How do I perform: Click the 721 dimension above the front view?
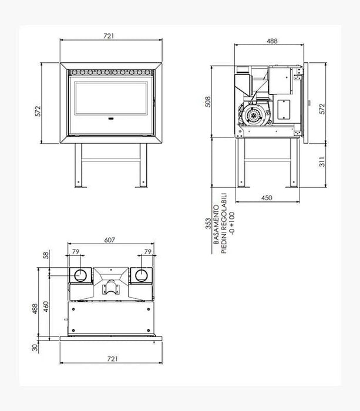tap(109, 36)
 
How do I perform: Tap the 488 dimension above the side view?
tap(271, 41)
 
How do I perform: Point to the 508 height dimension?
tap(206, 102)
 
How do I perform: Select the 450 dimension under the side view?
tap(266, 198)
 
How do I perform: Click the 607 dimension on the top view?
tap(109, 240)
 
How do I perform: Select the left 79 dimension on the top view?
tap(75, 252)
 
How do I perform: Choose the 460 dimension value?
tap(44, 306)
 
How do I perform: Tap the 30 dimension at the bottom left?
tap(35, 347)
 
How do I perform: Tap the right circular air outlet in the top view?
tap(141, 275)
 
